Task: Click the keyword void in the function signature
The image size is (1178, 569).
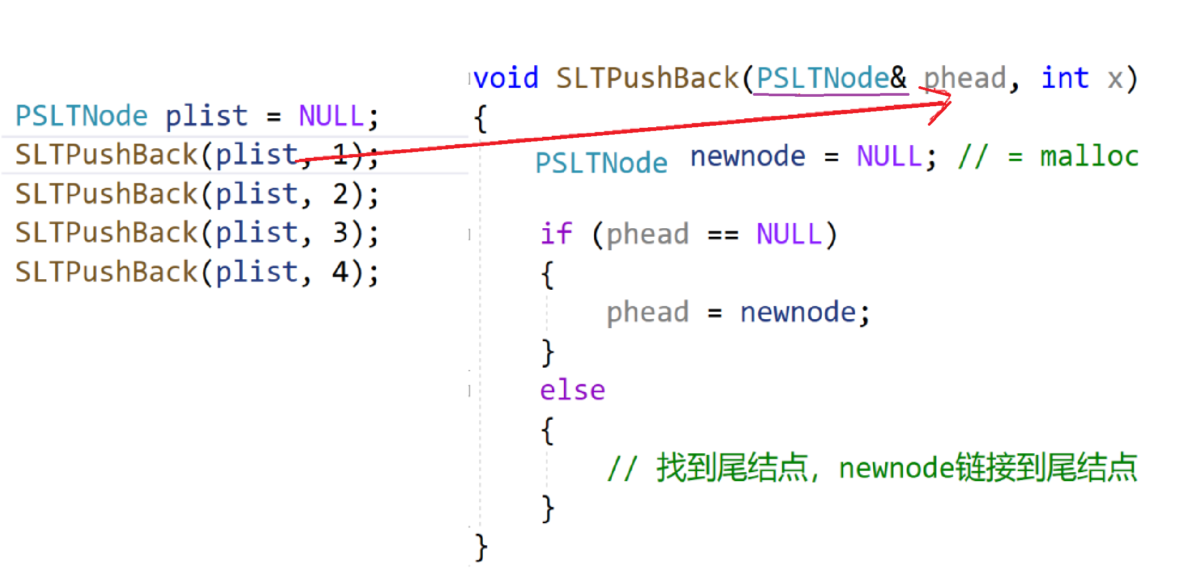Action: point(507,78)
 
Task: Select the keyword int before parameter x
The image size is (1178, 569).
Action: point(1065,78)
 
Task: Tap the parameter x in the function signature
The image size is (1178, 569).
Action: point(1115,79)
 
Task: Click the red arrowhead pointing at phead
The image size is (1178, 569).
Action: point(943,102)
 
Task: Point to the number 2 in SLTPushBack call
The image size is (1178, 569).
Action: point(340,194)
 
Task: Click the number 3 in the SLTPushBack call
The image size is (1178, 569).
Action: point(340,233)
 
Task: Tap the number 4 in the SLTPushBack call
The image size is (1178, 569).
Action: point(340,272)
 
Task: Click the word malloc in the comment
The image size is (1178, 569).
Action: point(1089,157)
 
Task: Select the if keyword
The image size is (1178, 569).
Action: point(556,233)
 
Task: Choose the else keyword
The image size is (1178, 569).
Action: point(572,390)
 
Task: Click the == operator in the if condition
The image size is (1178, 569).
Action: point(722,235)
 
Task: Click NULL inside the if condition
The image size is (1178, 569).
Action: point(789,234)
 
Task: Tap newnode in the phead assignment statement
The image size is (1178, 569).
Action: point(798,312)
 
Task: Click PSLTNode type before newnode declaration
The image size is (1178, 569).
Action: point(601,162)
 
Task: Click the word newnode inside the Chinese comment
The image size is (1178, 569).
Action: point(896,468)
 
